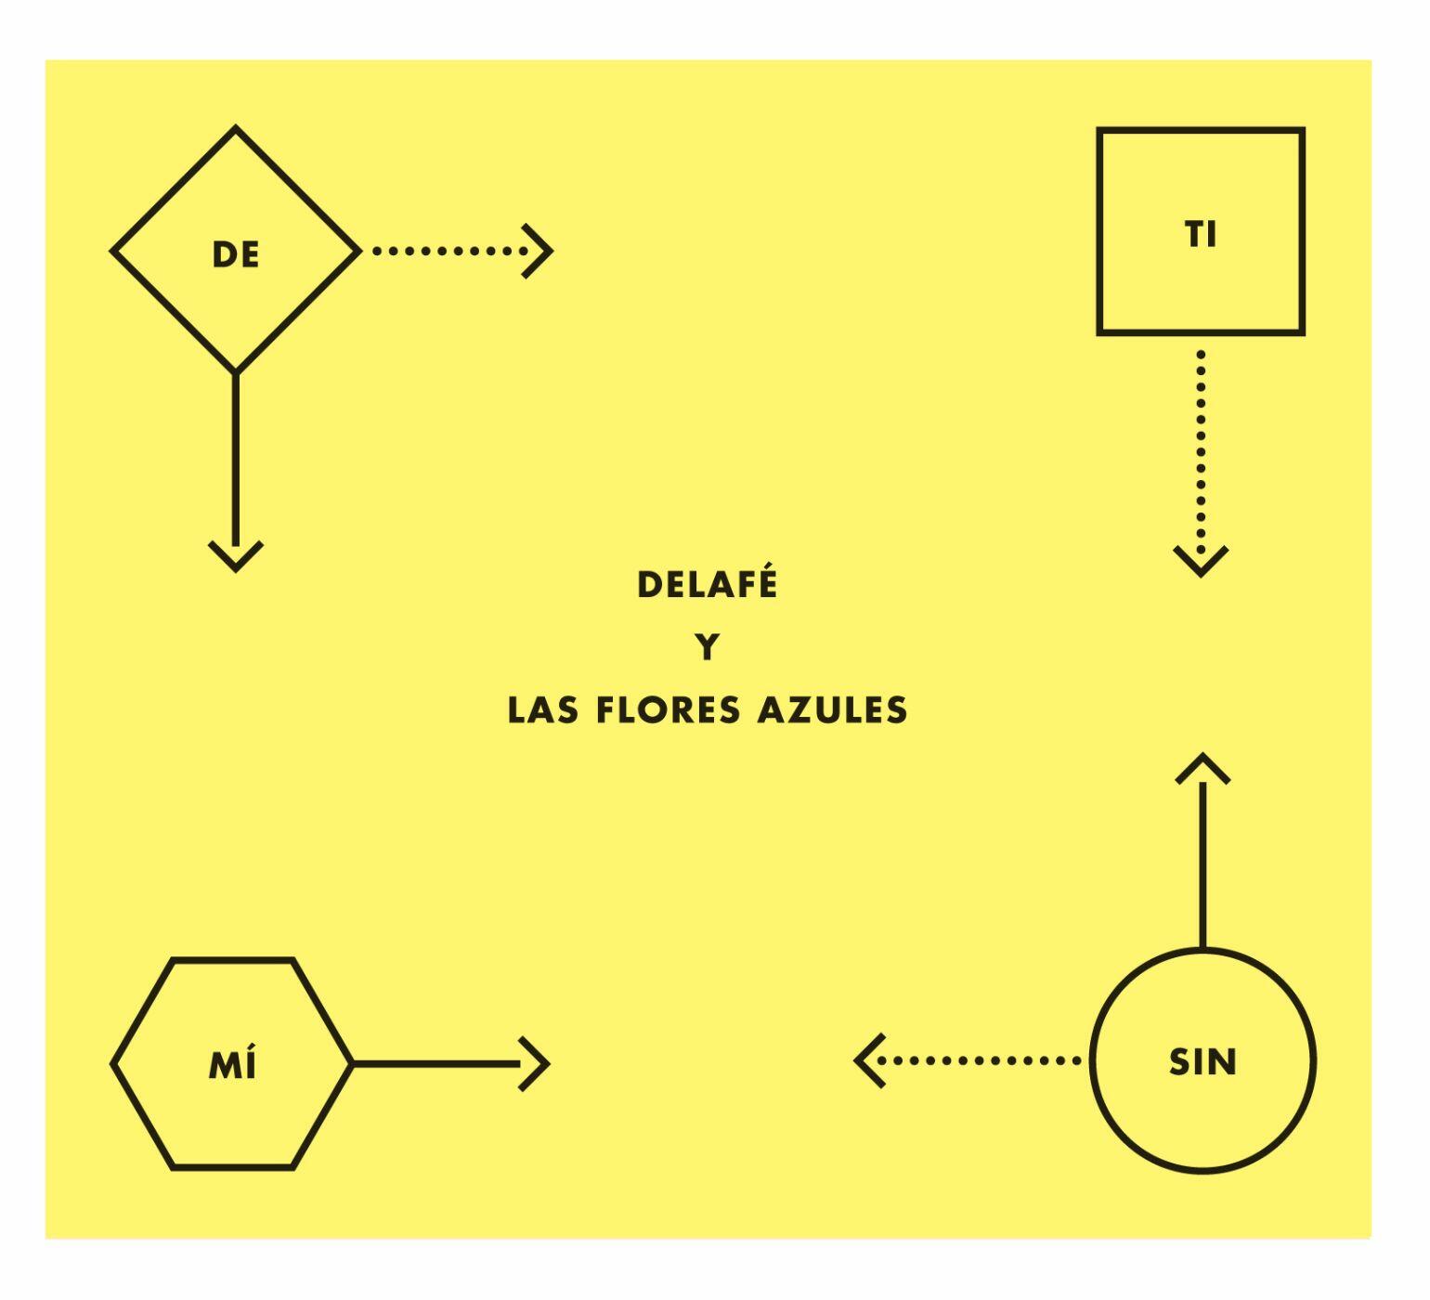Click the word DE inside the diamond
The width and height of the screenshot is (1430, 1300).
click(236, 254)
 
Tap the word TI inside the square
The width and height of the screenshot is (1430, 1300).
click(1201, 235)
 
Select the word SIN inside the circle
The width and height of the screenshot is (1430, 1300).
click(1203, 1061)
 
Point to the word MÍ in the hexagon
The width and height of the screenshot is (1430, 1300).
click(232, 1063)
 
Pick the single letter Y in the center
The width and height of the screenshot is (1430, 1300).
click(708, 647)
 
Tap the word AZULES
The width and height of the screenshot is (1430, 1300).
click(833, 710)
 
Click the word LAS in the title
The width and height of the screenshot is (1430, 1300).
click(543, 710)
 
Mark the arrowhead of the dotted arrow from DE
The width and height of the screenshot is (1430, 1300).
click(539, 251)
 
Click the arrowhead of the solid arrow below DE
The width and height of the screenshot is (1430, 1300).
click(236, 556)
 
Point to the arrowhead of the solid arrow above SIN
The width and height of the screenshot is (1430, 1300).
click(1202, 768)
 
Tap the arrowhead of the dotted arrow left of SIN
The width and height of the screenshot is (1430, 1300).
click(869, 1060)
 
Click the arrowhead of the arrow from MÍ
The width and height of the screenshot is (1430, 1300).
click(535, 1064)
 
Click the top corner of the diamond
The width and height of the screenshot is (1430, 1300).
click(236, 127)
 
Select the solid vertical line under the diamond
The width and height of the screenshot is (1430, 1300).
click(236, 460)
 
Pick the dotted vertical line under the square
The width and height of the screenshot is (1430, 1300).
click(1202, 450)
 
